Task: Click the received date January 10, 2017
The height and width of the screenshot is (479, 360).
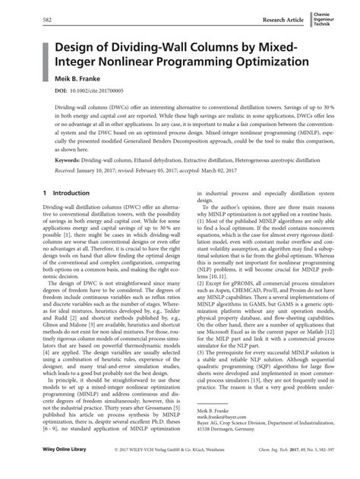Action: pos(101,172)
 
